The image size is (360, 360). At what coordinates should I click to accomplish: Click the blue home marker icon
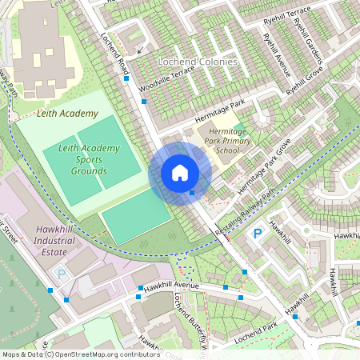coord(180,173)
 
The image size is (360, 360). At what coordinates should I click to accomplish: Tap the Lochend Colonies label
coord(198,62)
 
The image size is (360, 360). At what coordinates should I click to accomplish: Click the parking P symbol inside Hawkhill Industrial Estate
coord(62,274)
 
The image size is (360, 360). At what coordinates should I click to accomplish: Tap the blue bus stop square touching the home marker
coord(192,192)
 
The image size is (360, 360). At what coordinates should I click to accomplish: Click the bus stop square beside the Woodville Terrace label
coord(144,102)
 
